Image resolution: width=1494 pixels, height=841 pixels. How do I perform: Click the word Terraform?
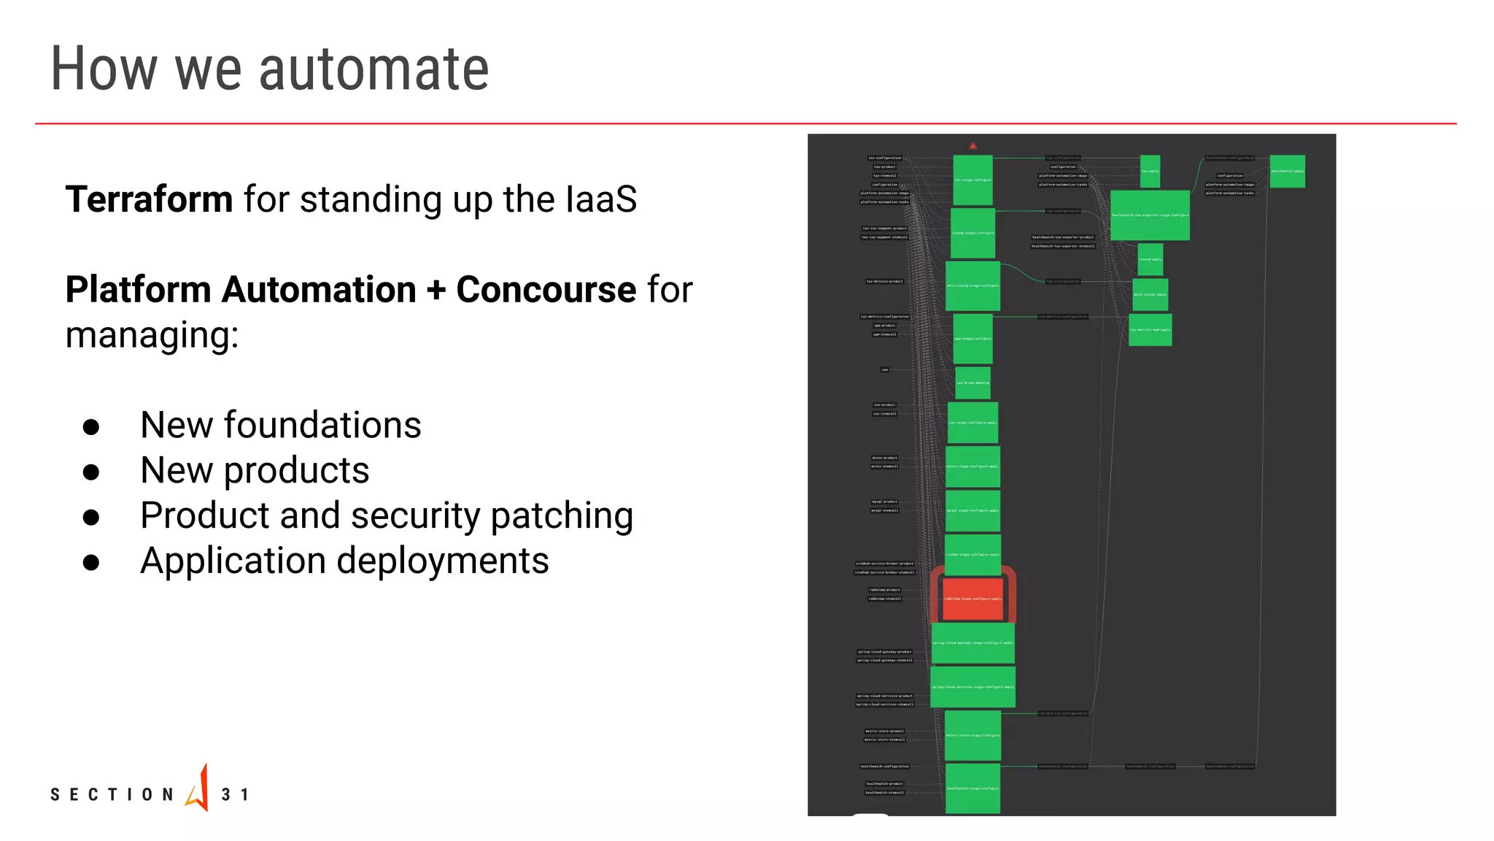coord(149,199)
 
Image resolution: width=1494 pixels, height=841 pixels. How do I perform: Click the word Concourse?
coord(546,290)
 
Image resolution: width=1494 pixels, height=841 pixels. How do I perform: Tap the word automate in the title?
coord(373,69)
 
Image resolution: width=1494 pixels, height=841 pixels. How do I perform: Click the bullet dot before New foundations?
coord(91,427)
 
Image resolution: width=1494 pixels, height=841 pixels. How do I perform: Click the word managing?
coord(151,336)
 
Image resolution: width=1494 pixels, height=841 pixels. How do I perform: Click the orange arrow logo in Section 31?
coord(198,788)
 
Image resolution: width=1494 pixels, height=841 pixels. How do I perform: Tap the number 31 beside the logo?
coord(235,794)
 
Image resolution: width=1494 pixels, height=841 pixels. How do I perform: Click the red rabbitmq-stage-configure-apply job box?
coord(972,599)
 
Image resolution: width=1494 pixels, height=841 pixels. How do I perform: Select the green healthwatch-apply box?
coord(1287,171)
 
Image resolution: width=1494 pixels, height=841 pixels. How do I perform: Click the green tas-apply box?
coord(1150,171)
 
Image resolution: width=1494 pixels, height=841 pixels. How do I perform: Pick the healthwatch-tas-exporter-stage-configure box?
coord(1150,215)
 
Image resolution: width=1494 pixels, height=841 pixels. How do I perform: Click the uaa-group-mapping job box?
coord(972,383)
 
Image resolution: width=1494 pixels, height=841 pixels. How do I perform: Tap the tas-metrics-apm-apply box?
coord(1150,330)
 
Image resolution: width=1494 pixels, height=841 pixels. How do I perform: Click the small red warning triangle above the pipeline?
coord(972,146)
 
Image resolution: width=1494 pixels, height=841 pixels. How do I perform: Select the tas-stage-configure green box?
coord(972,180)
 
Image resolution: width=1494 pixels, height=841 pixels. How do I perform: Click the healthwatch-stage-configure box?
coord(972,788)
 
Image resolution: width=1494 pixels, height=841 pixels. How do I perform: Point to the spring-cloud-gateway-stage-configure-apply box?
coord(972,643)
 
